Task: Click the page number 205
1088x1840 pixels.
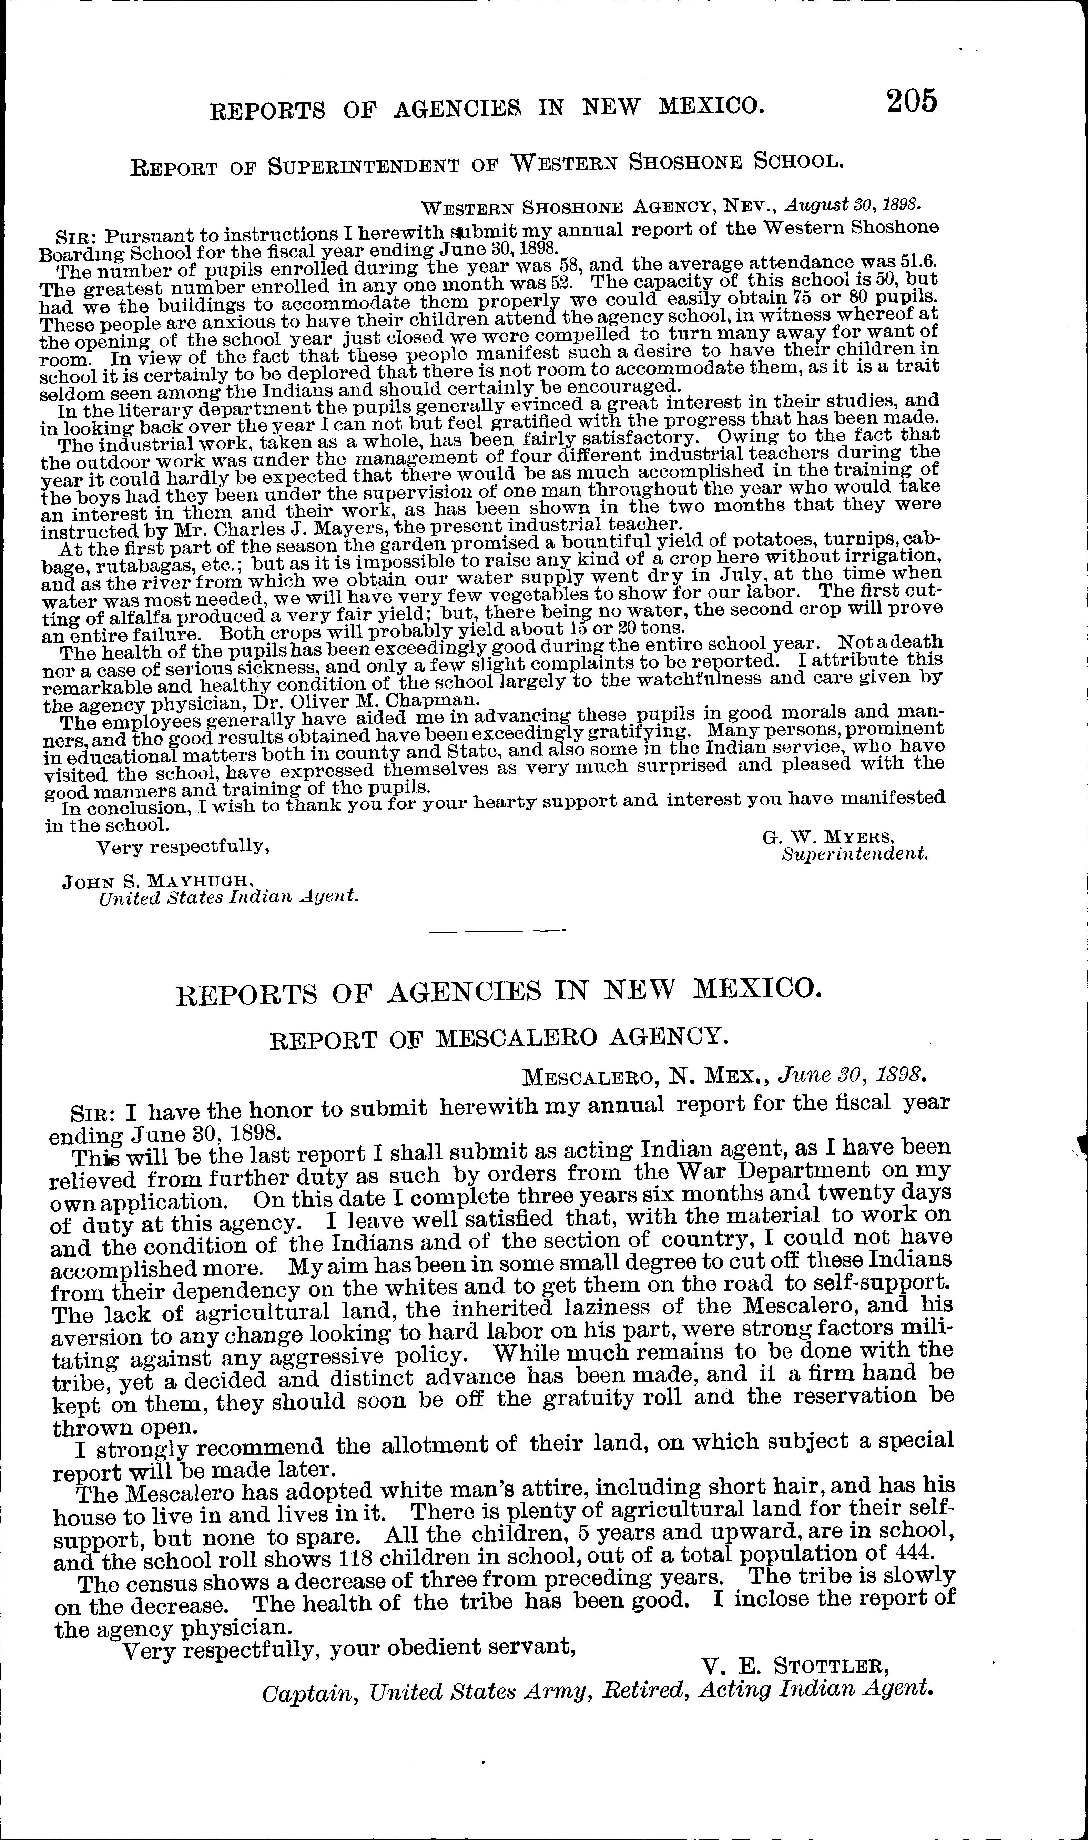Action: click(x=911, y=100)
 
